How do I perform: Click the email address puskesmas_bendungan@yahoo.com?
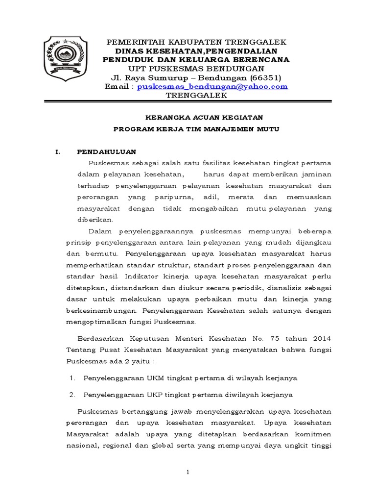pyautogui.click(x=212, y=86)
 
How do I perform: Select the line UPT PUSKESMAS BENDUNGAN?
pyautogui.click(x=196, y=68)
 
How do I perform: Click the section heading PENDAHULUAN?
pyautogui.click(x=106, y=151)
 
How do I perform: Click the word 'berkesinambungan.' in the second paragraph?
pyautogui.click(x=103, y=311)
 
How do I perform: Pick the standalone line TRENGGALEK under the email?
pyautogui.click(x=196, y=96)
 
